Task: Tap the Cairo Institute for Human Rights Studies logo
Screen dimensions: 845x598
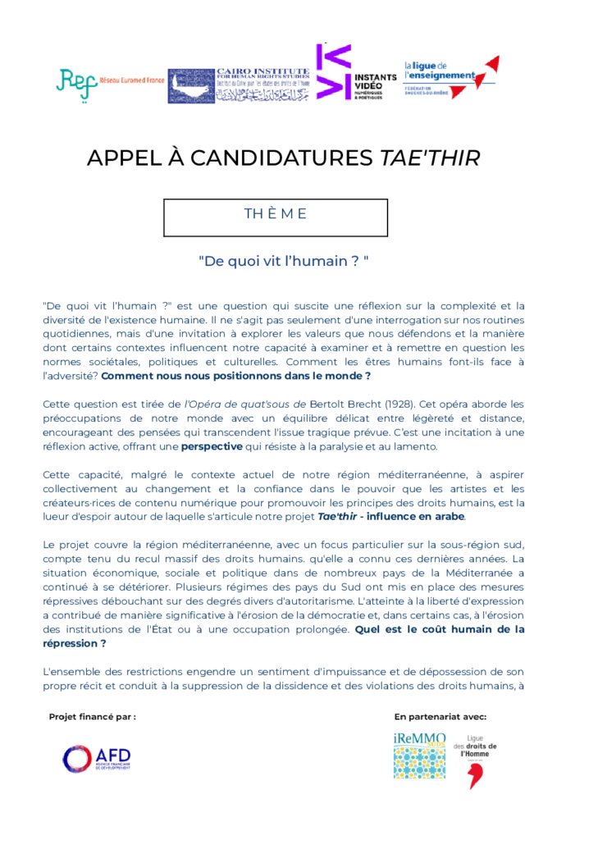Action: coord(239,85)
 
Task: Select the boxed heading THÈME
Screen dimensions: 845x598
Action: coord(276,215)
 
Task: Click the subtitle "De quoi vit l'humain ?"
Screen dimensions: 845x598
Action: coord(283,261)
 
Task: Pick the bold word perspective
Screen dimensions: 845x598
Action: coord(212,446)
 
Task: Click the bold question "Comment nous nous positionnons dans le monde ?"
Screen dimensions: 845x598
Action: coord(236,376)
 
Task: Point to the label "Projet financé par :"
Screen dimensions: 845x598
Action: coord(93,716)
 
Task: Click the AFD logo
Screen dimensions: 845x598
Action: coord(96,759)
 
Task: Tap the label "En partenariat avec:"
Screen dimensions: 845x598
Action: coord(440,716)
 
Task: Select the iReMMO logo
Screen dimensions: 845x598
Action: coord(419,756)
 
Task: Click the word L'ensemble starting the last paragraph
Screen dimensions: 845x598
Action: coord(72,672)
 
